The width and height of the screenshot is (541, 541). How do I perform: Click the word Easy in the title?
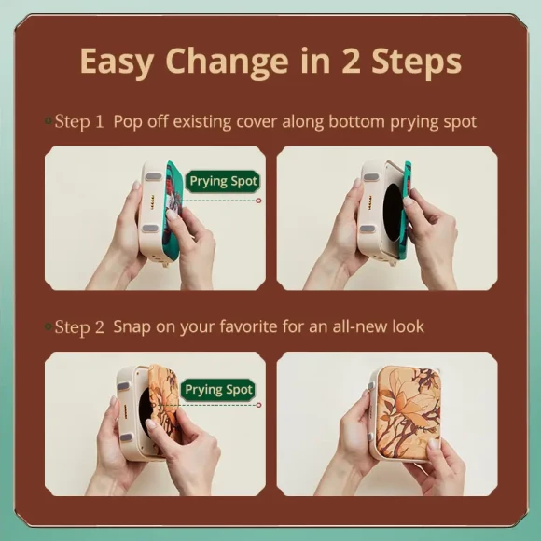[117, 62]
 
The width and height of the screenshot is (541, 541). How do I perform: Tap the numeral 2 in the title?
[352, 61]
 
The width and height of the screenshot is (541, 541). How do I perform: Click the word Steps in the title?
[417, 62]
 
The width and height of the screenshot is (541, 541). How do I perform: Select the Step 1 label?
[79, 121]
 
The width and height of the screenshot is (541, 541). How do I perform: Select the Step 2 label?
[79, 326]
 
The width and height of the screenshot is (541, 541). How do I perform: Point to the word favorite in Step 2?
[248, 326]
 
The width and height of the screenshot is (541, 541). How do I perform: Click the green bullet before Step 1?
[49, 120]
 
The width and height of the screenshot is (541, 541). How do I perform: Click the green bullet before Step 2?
[49, 326]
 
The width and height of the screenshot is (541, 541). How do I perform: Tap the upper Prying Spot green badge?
[223, 182]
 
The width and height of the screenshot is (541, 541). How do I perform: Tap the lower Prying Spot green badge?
[218, 390]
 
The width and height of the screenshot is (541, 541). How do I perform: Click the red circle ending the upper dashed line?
[258, 201]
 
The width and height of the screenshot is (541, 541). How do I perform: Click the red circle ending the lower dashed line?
[258, 405]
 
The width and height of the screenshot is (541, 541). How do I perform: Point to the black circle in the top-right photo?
[394, 212]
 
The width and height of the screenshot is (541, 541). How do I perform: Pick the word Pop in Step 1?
[128, 121]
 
